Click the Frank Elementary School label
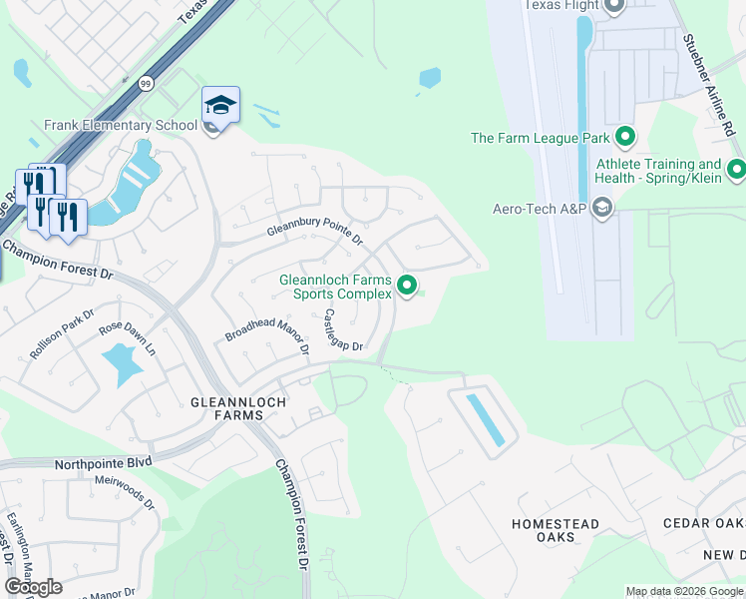coord(120,126)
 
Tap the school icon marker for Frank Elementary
coord(220,105)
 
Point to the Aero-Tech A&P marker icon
coord(601,208)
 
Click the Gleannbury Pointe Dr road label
coord(314,232)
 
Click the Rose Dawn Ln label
coord(128,338)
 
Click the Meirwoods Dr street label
coord(126,491)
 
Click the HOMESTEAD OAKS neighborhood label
coord(556,530)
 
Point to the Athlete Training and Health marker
coord(737,170)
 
